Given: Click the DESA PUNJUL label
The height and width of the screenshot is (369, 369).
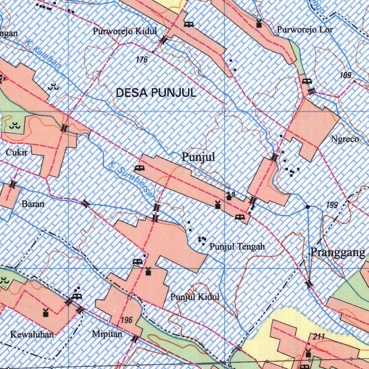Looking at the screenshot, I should [156, 93].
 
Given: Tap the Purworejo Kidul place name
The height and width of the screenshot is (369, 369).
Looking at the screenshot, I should [125, 31].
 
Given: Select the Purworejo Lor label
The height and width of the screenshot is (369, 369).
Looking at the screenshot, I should [305, 30].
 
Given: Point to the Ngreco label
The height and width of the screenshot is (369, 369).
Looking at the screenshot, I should [345, 139].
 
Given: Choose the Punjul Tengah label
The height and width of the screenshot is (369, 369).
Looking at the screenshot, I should [237, 247].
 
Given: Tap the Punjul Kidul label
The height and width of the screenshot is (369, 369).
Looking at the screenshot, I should [195, 297].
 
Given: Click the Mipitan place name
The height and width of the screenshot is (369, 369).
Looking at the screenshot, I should [107, 334].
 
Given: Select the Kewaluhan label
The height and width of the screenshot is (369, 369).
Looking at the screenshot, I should [32, 334].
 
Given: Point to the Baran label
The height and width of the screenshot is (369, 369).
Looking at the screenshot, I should [33, 204].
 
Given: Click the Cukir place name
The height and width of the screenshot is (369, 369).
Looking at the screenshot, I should [17, 152].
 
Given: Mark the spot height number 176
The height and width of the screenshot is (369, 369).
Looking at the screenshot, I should [142, 60].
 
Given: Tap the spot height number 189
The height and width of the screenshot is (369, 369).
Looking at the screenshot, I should [345, 76].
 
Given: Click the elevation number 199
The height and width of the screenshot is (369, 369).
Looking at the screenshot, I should [332, 205].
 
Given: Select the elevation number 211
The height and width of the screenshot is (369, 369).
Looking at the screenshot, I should [319, 337].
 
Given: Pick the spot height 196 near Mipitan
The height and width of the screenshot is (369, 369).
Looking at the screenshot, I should [127, 320].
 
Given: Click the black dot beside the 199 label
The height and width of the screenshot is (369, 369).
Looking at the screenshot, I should [308, 207].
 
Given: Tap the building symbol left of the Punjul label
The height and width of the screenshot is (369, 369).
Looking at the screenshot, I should [139, 168].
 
